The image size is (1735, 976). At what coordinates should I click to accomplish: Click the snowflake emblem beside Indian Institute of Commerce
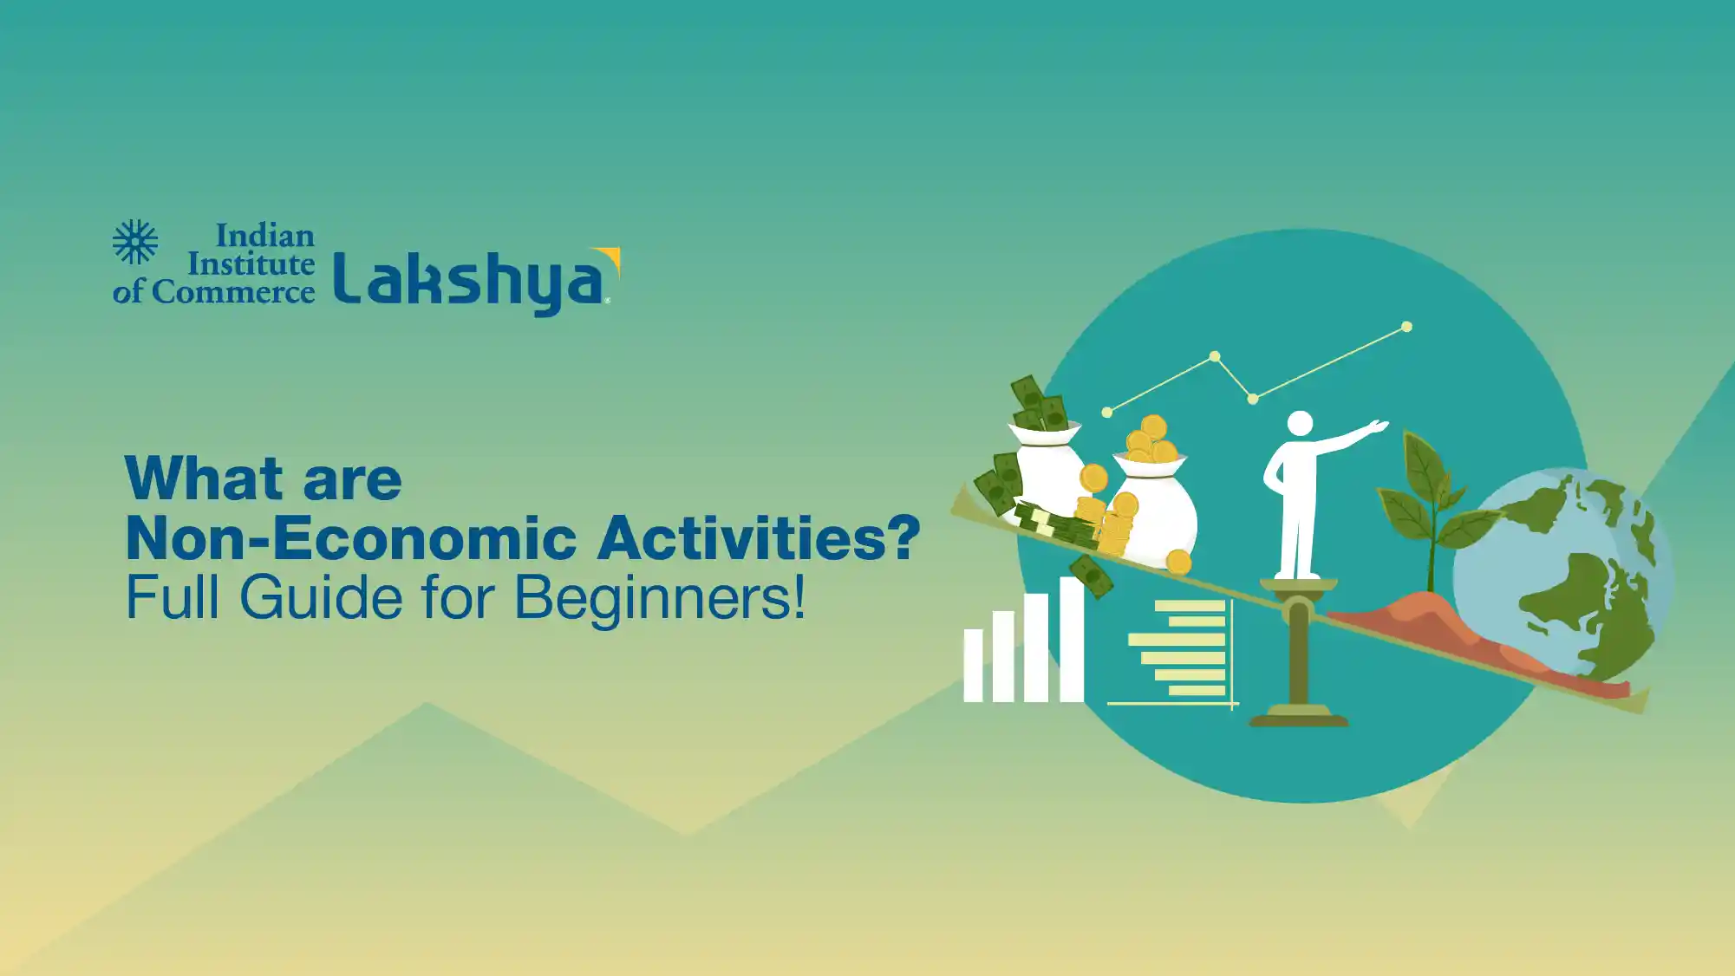pos(135,242)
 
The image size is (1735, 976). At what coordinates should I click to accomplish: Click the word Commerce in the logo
pos(233,292)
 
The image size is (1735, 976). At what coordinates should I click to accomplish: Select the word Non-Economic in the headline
pos(351,538)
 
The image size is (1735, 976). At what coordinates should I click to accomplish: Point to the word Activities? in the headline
pos(760,537)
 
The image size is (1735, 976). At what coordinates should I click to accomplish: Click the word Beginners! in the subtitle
pos(660,597)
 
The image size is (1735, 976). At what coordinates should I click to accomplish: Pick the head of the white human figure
pos(1300,424)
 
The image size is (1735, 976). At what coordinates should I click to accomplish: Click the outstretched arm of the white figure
pos(1351,437)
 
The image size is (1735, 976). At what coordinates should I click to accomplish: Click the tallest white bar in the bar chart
pos(1072,640)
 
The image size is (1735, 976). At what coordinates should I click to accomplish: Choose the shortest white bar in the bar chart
pos(973,666)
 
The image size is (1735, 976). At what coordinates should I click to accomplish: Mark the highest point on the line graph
pos(1406,327)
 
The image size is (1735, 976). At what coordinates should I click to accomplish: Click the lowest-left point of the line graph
pos(1107,413)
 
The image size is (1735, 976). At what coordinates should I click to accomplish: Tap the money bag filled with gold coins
pos(1152,507)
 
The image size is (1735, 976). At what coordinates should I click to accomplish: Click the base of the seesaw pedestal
pos(1298,716)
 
